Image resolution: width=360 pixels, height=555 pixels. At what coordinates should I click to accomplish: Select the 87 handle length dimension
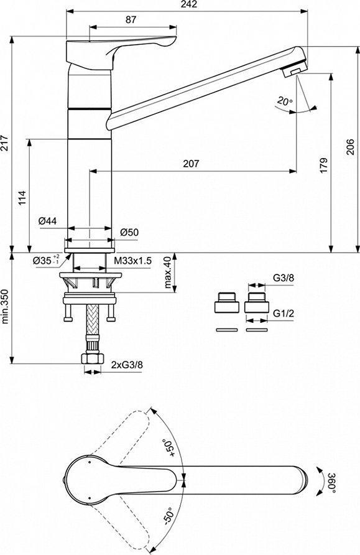pyautogui.click(x=131, y=20)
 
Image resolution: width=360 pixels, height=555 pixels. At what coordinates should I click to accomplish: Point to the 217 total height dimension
pyautogui.click(x=4, y=142)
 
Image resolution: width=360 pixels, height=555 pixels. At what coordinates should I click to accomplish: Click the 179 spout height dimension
pyautogui.click(x=323, y=166)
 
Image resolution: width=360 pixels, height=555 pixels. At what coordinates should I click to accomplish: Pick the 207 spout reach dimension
pyautogui.click(x=191, y=164)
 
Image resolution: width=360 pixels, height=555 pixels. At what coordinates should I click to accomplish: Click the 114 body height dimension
pyautogui.click(x=22, y=198)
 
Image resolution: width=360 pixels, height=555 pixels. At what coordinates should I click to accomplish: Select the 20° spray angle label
pyautogui.click(x=285, y=101)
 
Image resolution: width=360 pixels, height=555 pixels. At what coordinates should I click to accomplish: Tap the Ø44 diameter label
pyautogui.click(x=47, y=222)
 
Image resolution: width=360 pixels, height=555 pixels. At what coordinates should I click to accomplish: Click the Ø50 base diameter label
pyautogui.click(x=129, y=233)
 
